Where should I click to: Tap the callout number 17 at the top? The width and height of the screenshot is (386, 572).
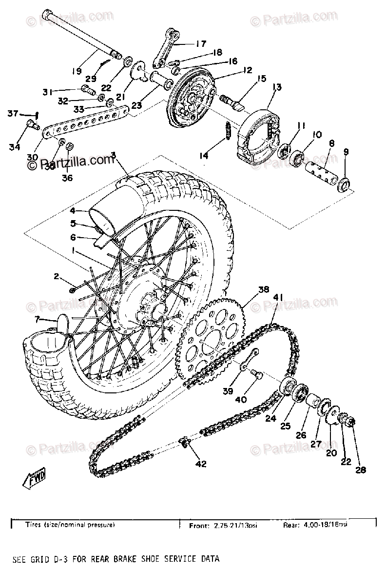(201, 43)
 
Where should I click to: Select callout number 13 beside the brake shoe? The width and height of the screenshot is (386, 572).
(277, 87)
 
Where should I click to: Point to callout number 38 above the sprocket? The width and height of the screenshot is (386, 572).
(263, 289)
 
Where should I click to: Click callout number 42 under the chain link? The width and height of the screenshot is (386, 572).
(201, 464)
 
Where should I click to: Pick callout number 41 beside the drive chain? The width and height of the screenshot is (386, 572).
(278, 296)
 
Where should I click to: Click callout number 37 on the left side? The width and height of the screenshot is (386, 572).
(12, 114)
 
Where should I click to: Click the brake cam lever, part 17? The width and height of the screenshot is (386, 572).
(166, 49)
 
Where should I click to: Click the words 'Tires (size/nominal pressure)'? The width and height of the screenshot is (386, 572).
(70, 526)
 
